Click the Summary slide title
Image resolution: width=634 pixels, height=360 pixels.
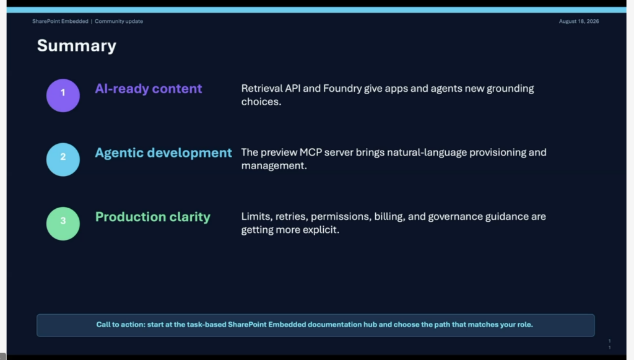click(x=76, y=46)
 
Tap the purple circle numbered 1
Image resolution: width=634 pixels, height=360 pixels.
click(x=63, y=95)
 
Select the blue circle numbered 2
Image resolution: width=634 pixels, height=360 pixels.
click(x=63, y=159)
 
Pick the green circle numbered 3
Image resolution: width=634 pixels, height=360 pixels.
click(x=63, y=224)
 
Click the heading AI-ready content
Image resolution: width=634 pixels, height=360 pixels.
click(x=149, y=89)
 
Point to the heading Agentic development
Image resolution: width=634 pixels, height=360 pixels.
click(x=163, y=153)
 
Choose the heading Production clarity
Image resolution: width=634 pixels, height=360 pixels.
click(x=153, y=217)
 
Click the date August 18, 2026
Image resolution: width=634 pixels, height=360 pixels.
click(x=579, y=22)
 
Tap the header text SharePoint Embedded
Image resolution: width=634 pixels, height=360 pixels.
click(x=60, y=22)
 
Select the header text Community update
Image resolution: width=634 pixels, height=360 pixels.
click(x=119, y=22)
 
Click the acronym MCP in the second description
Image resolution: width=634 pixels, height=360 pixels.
click(x=311, y=152)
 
